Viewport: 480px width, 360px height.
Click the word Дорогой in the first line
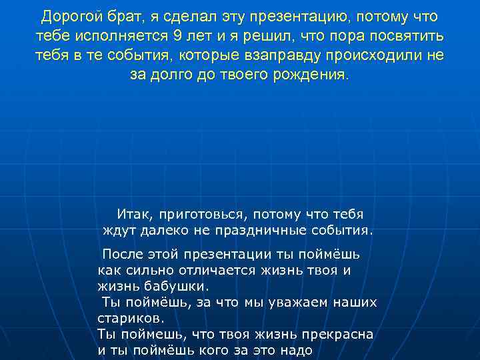[69, 15]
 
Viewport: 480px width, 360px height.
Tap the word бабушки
[182, 286]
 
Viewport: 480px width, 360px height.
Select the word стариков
[129, 318]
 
